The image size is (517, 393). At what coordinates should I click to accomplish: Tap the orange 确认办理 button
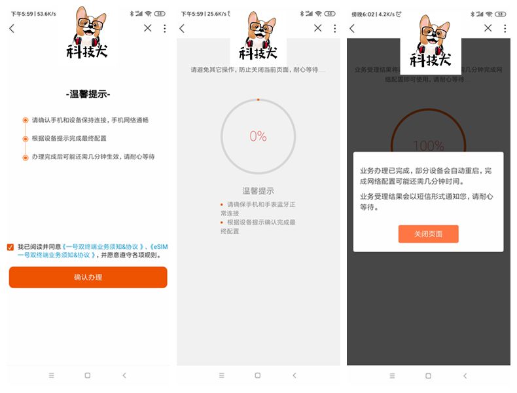pyautogui.click(x=88, y=277)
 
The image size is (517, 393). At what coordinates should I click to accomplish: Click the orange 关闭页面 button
pyautogui.click(x=428, y=234)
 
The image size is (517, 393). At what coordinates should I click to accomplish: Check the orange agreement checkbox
pyautogui.click(x=10, y=247)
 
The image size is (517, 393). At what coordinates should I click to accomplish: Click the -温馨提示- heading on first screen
pyautogui.click(x=88, y=94)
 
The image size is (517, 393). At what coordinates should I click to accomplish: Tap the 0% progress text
pyautogui.click(x=258, y=136)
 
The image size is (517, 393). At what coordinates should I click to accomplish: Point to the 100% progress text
pyautogui.click(x=428, y=145)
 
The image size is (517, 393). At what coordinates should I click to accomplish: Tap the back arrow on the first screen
pyautogui.click(x=12, y=28)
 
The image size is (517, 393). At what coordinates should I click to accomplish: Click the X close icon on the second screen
pyautogui.click(x=318, y=28)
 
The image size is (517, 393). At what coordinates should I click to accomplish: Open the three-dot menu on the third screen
pyautogui.click(x=505, y=28)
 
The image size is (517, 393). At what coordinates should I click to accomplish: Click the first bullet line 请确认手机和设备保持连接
pyautogui.click(x=90, y=120)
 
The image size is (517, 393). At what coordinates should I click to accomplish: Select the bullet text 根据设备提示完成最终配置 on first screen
pyautogui.click(x=69, y=138)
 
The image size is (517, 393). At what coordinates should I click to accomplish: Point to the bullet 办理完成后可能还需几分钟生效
pyautogui.click(x=93, y=157)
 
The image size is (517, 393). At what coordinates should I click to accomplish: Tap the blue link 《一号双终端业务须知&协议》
pyautogui.click(x=101, y=246)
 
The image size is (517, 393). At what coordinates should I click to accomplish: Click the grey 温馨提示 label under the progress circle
pyautogui.click(x=258, y=191)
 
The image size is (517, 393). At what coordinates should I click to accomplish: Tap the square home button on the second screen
pyautogui.click(x=258, y=375)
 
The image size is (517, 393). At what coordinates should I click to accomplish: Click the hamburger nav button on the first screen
pyautogui.click(x=52, y=375)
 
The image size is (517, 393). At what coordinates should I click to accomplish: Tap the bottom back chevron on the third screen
pyautogui.click(x=465, y=375)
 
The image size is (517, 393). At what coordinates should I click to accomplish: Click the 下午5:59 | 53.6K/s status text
pyautogui.click(x=32, y=13)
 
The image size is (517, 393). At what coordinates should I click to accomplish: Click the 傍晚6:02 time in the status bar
pyautogui.click(x=364, y=13)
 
